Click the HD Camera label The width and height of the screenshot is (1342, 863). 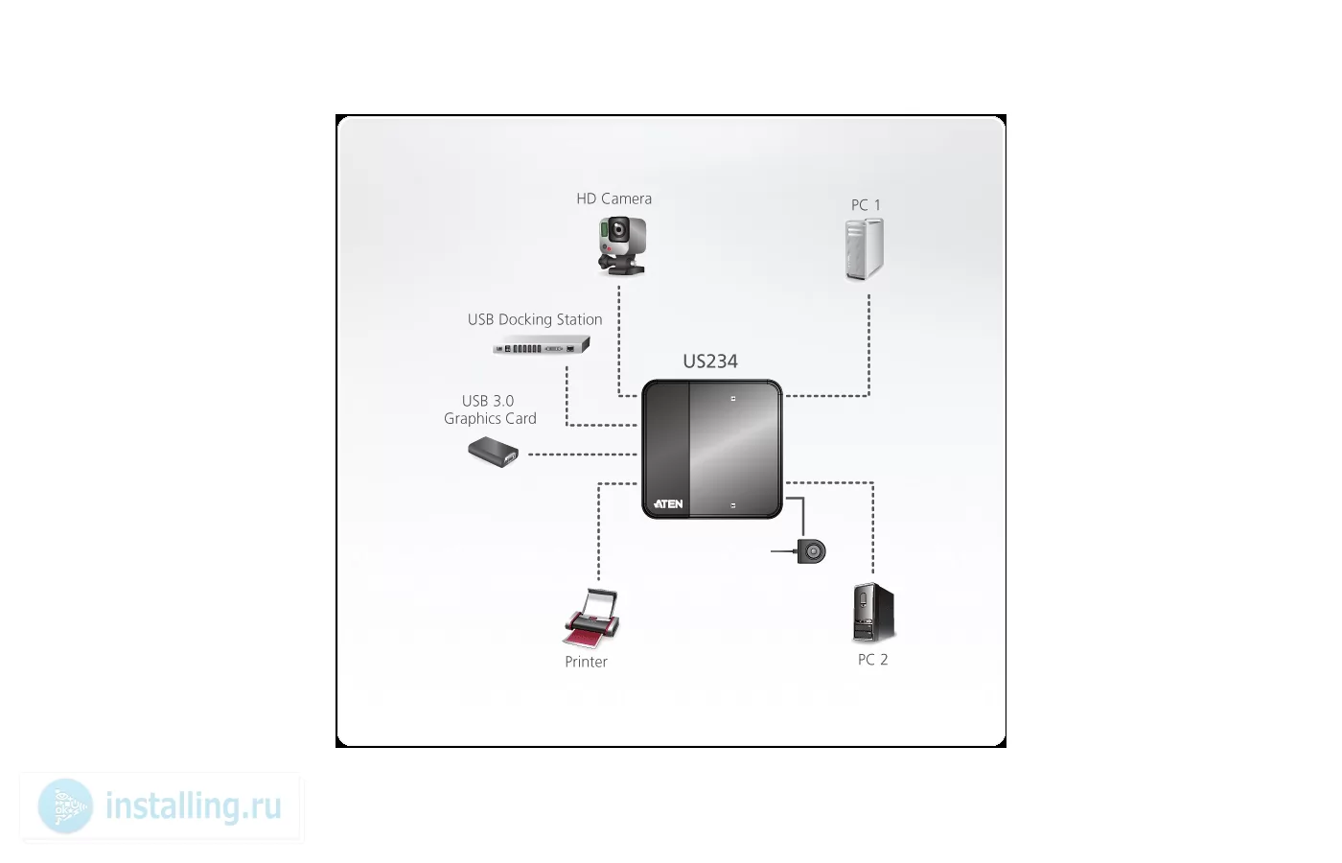(x=614, y=199)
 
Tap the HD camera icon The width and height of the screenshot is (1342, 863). (x=622, y=245)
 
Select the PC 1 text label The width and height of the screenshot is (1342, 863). (x=866, y=205)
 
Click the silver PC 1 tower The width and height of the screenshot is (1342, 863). (x=865, y=249)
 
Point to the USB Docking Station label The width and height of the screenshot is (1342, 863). (x=535, y=319)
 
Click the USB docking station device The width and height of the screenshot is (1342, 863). (x=542, y=345)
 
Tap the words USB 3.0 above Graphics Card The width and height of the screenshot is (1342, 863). (x=488, y=401)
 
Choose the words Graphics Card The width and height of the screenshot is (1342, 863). (x=490, y=418)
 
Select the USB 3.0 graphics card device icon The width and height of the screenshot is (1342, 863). (x=493, y=452)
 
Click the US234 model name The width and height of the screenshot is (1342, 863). (x=710, y=362)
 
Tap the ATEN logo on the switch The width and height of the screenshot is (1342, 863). (x=668, y=504)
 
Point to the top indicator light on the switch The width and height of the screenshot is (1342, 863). (x=732, y=399)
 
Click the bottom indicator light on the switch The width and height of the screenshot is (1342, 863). (x=732, y=506)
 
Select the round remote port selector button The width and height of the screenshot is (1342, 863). (x=812, y=551)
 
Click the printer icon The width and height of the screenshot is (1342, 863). (x=591, y=618)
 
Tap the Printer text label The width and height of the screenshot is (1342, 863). (x=586, y=662)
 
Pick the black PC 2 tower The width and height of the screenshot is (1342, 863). (x=873, y=612)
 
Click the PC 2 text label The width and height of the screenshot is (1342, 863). (x=873, y=660)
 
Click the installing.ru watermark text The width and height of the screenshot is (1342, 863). (x=194, y=805)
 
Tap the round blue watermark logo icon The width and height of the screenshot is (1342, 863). (x=65, y=806)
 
